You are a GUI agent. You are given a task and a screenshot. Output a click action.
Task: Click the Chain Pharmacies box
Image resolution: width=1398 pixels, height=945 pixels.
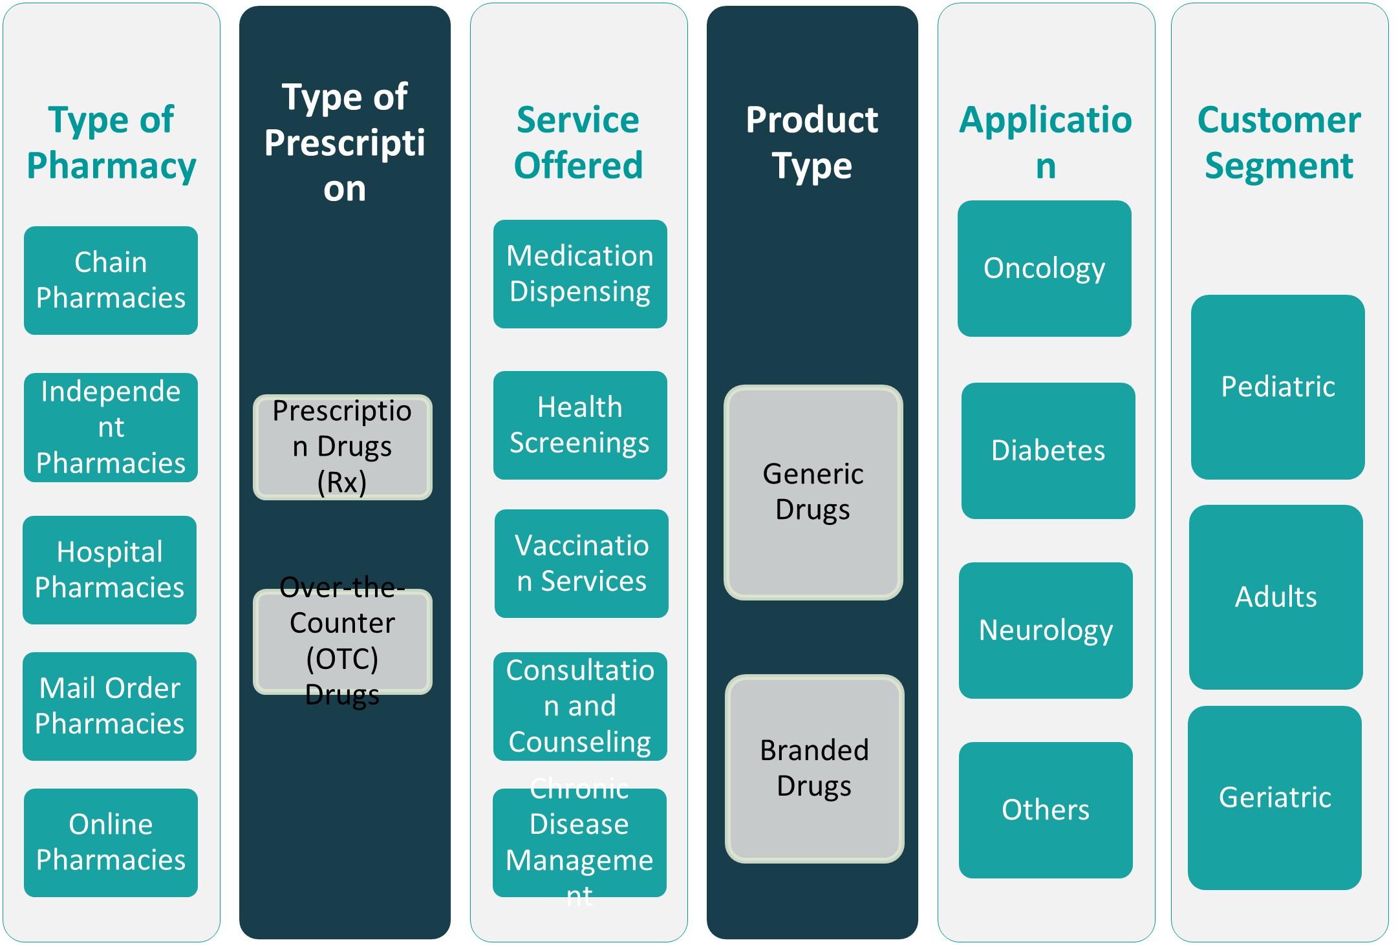pos(111,280)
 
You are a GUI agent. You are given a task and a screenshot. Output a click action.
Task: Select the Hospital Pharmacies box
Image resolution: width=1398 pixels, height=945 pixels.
pos(109,569)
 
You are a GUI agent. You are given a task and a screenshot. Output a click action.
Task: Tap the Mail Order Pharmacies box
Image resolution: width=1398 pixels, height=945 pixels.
pos(109,706)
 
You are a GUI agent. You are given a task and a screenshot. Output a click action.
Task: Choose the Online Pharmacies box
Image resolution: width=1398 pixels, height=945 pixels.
pos(111,842)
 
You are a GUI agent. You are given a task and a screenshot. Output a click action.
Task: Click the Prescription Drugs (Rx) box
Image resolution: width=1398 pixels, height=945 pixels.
pos(342,447)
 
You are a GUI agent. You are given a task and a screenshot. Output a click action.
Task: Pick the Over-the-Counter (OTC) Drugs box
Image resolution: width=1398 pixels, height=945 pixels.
pos(342,641)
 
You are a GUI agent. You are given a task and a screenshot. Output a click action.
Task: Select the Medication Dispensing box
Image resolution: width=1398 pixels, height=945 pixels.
pos(580,273)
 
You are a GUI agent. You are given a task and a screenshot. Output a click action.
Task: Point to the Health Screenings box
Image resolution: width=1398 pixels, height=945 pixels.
pos(580,425)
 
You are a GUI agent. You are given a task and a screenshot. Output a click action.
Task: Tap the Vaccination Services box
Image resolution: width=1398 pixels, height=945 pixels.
pos(581,563)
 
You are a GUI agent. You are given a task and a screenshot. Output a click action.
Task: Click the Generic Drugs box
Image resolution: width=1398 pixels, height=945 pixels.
pos(813,492)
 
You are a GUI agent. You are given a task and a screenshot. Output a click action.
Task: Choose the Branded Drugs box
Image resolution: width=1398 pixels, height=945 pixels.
pos(814,769)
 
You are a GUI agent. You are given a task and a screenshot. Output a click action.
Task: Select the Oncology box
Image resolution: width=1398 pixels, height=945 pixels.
pos(1044,268)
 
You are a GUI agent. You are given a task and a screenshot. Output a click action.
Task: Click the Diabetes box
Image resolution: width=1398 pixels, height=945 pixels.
pos(1048,451)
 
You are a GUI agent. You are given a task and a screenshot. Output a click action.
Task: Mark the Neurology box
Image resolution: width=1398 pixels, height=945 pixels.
pos(1046,630)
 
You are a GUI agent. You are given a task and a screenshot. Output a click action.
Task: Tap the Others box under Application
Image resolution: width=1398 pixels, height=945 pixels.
pos(1046,810)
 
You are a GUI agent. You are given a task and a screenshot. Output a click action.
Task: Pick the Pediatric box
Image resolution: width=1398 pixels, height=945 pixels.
pos(1278,387)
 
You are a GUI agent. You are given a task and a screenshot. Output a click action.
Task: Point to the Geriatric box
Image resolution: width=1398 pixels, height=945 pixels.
pos(1274,798)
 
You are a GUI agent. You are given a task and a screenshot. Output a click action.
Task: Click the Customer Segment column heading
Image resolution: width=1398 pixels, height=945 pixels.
pos(1279,142)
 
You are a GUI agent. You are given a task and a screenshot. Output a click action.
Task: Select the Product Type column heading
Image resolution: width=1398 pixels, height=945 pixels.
pos(812,142)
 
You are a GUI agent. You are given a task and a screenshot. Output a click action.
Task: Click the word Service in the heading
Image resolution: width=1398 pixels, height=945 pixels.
pos(578,120)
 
